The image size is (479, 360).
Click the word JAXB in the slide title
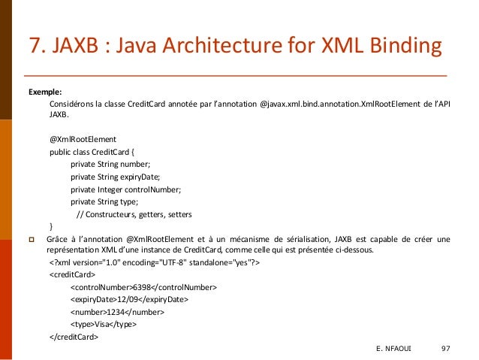(x=77, y=48)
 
